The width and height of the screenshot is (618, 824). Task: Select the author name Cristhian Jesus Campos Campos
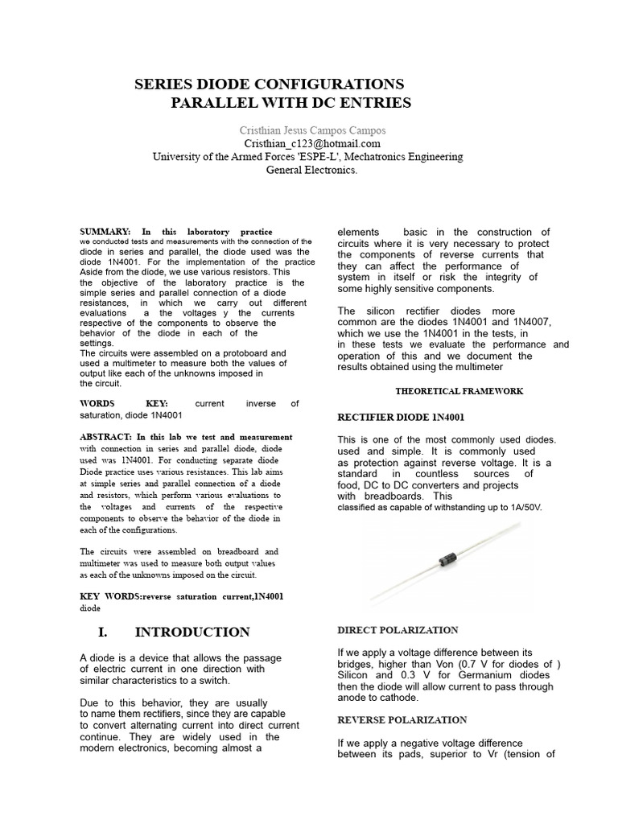click(312, 130)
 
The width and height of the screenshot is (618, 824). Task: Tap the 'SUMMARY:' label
click(105, 232)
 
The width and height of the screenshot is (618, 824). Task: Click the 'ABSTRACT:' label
click(105, 437)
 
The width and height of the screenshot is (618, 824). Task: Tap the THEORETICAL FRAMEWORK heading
click(459, 391)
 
